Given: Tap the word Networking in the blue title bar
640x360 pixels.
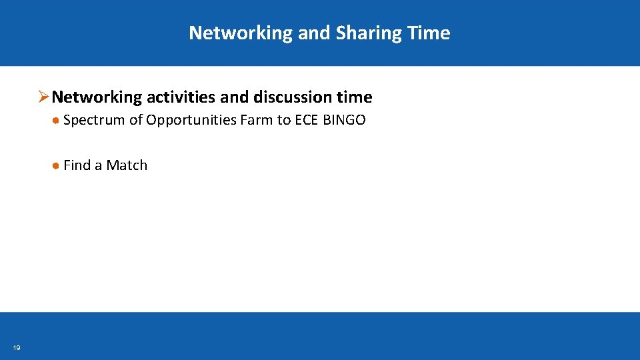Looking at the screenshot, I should pos(241,33).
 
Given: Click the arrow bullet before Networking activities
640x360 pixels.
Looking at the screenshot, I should pos(43,97).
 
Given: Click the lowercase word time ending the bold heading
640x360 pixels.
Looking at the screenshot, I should pos(355,97).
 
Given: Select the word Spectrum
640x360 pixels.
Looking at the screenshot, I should pos(94,120).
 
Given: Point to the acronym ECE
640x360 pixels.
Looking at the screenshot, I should pos(307,120).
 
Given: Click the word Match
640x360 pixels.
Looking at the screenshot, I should pos(127,165).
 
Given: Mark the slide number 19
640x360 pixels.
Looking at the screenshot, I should pos(17,348).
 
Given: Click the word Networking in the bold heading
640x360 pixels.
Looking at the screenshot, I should pos(97,97).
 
